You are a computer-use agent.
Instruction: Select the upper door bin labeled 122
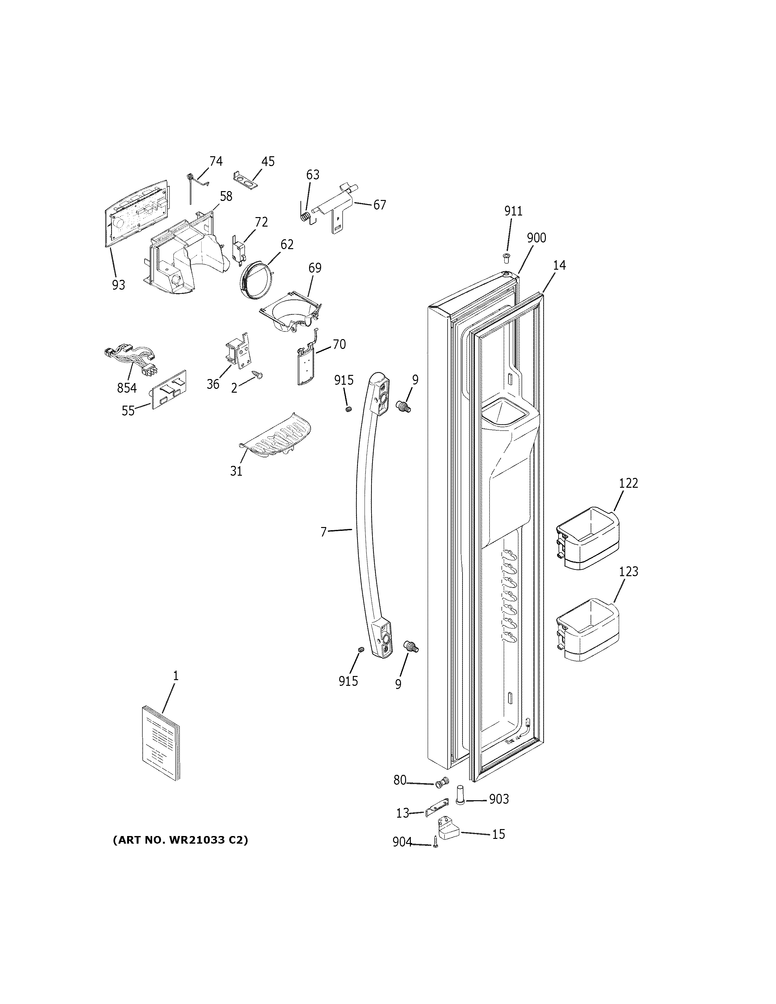(587, 538)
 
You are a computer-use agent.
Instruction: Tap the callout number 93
(118, 285)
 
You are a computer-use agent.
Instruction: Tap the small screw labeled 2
(257, 375)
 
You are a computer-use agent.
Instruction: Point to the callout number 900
(536, 238)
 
